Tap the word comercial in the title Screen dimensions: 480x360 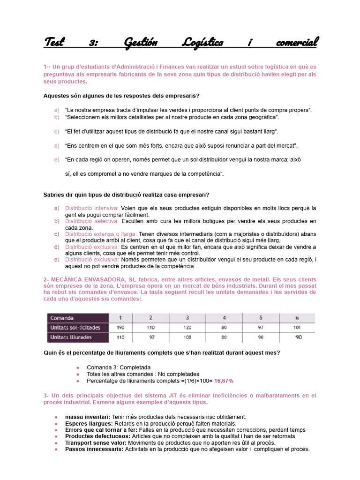(291, 43)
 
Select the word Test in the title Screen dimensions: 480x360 (54, 43)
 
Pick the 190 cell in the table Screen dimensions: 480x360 (120, 327)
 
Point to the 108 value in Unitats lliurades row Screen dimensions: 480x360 (187, 337)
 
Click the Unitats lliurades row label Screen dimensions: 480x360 (72, 337)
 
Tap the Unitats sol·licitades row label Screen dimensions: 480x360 (75, 327)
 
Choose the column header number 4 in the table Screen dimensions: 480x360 (224, 318)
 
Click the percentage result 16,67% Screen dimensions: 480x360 (224, 381)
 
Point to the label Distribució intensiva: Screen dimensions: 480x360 (92, 208)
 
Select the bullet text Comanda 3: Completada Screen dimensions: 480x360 (119, 367)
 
